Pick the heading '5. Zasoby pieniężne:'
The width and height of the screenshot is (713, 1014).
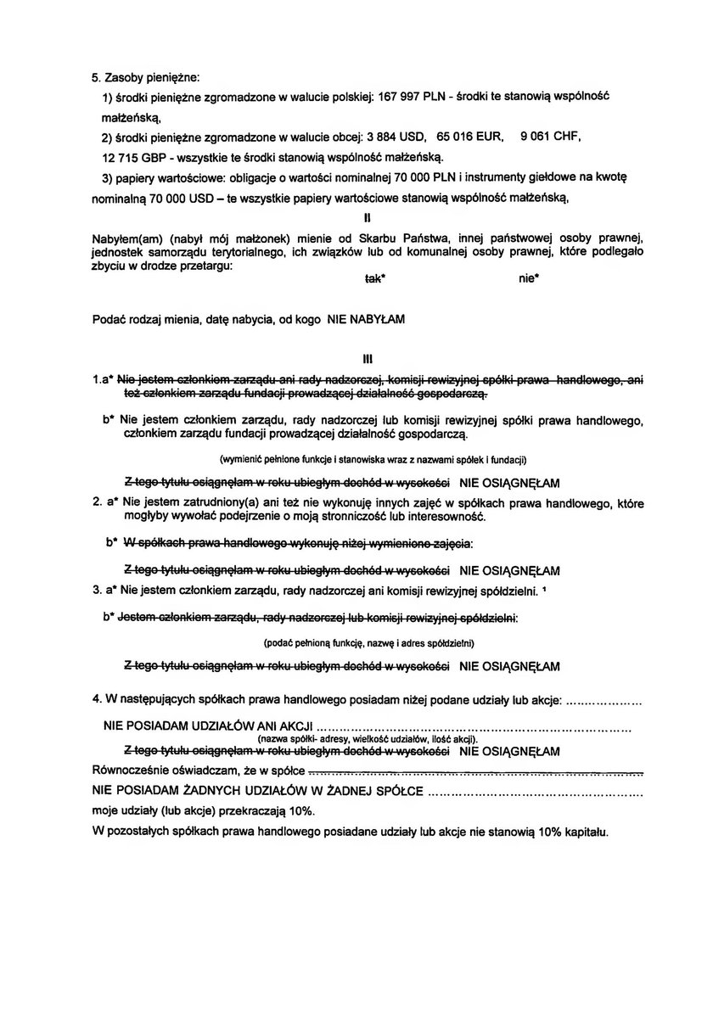pyautogui.click(x=145, y=78)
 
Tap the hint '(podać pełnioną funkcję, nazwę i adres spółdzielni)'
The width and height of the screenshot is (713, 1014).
pyautogui.click(x=368, y=643)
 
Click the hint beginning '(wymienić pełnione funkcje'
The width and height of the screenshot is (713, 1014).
pyautogui.click(x=373, y=459)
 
